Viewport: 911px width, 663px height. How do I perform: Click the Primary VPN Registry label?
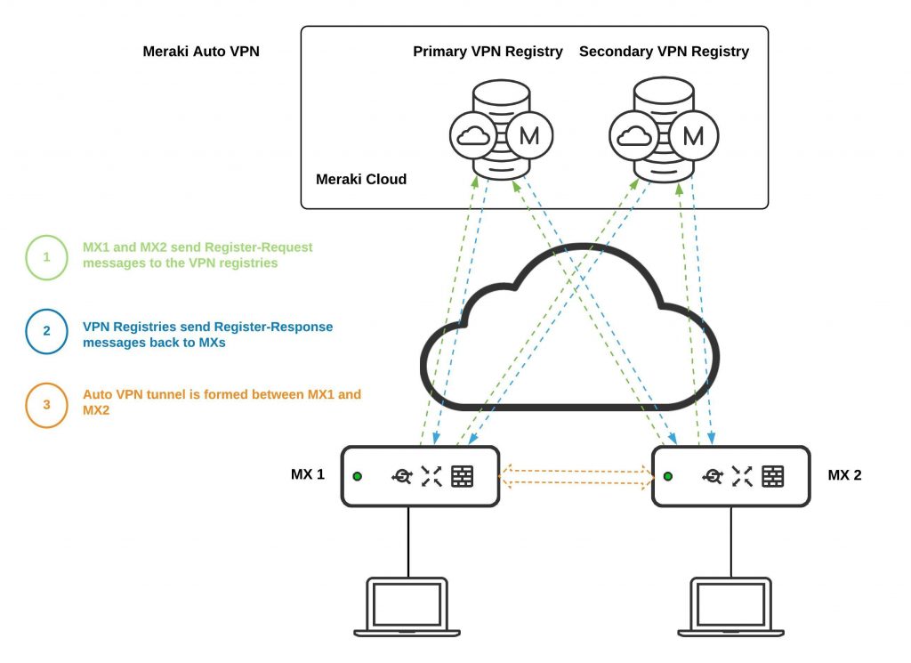(x=488, y=52)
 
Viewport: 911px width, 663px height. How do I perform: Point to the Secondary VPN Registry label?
(x=664, y=52)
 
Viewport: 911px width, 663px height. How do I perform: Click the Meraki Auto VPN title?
(x=203, y=52)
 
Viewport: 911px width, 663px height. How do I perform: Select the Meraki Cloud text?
(x=361, y=180)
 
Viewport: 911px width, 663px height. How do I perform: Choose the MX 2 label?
(x=844, y=474)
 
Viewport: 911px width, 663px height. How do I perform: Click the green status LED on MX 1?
(x=358, y=476)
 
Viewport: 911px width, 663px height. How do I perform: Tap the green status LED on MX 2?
(x=668, y=476)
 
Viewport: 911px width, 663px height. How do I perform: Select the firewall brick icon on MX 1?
(x=462, y=476)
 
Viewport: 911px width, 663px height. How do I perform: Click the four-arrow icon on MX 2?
(x=742, y=476)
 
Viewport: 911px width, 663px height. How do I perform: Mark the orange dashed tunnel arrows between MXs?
(x=575, y=476)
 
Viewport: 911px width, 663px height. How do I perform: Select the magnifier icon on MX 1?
(x=401, y=476)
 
